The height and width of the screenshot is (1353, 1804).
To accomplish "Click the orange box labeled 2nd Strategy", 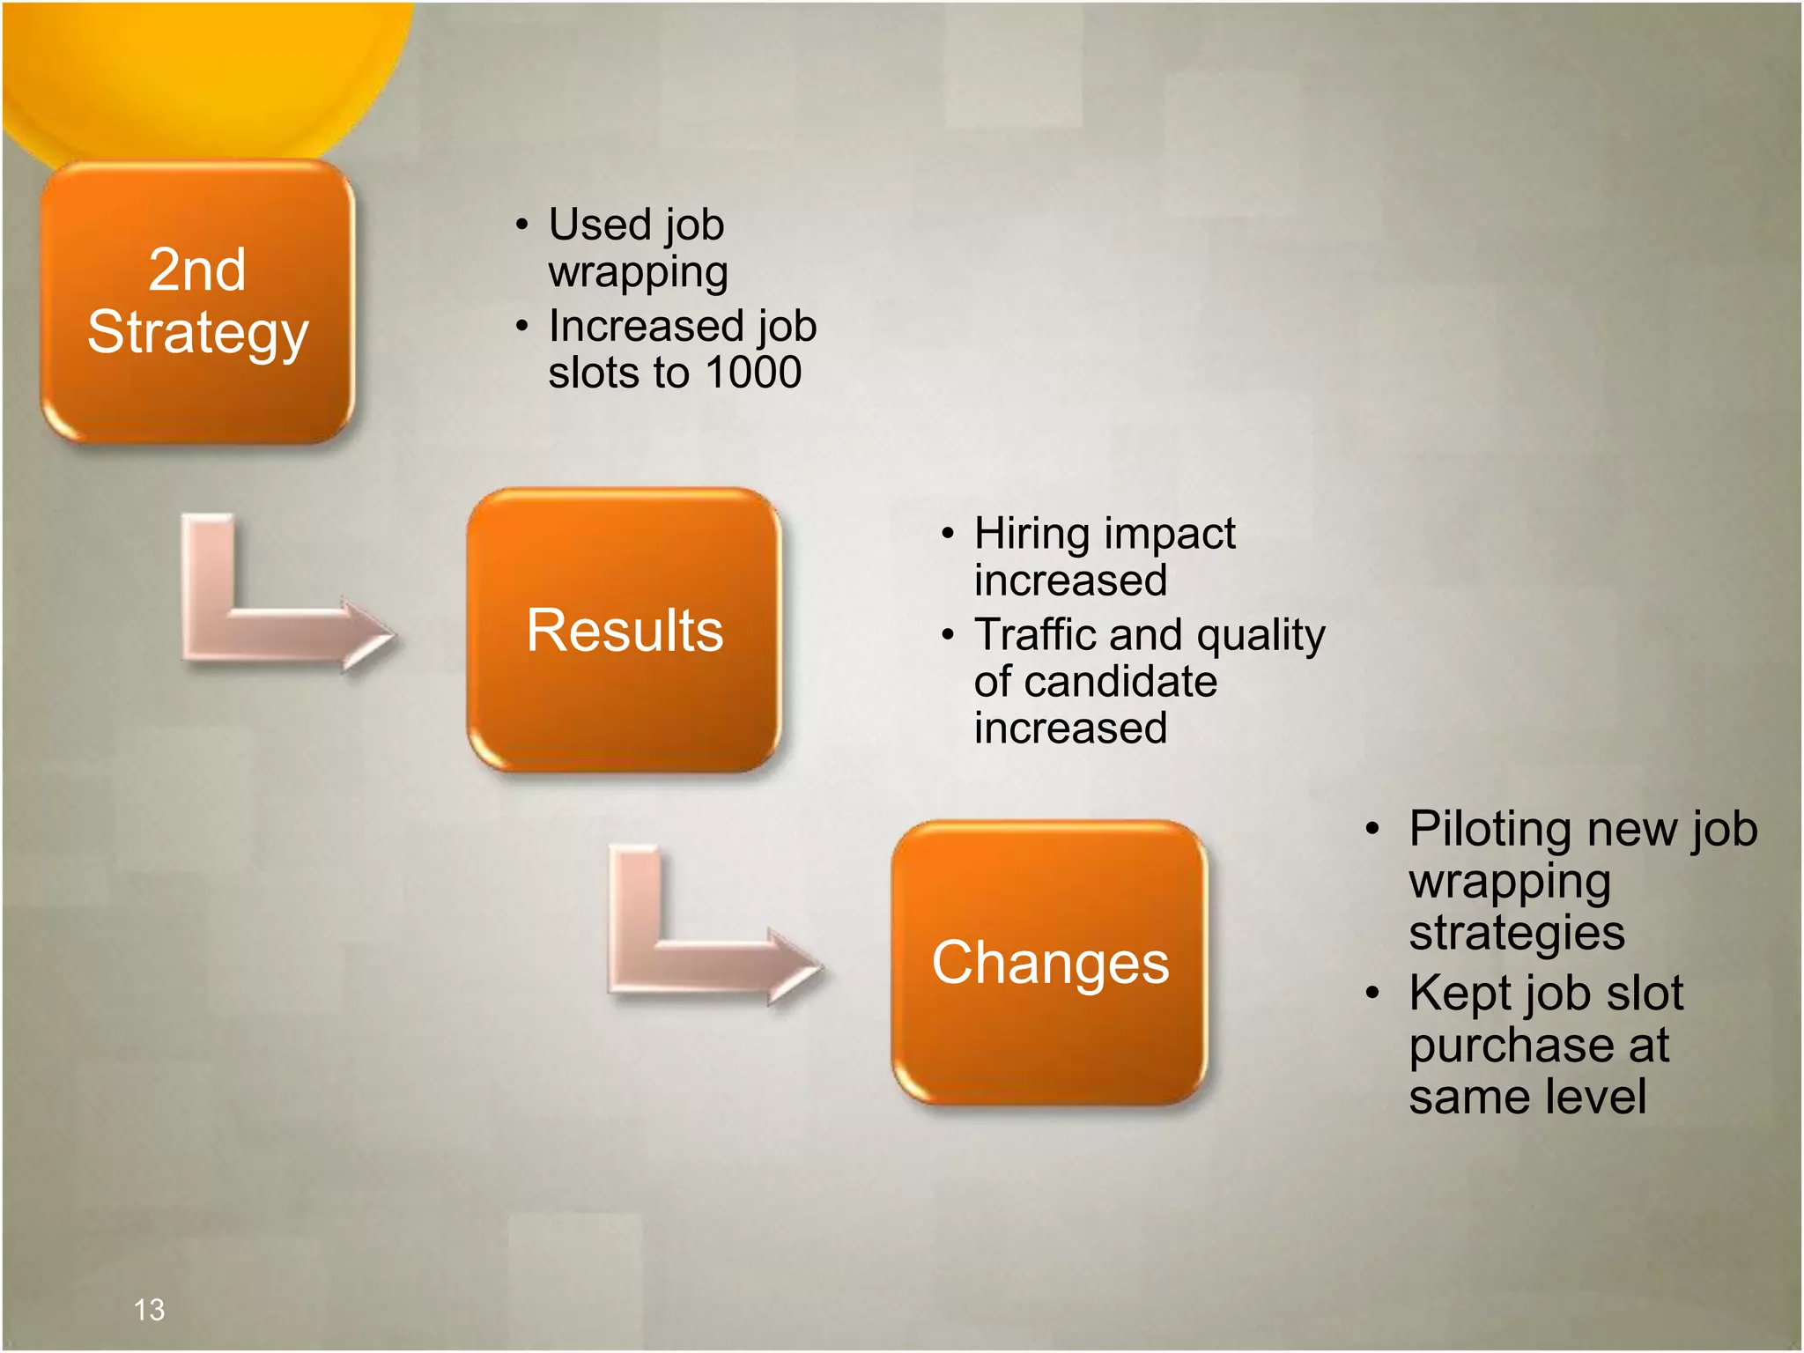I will tap(197, 301).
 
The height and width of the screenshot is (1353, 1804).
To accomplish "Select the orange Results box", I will tap(624, 631).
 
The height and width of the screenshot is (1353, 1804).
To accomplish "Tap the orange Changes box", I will tap(1049, 963).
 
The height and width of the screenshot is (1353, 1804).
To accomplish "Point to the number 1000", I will tap(754, 373).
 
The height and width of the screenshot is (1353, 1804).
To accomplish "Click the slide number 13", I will tap(149, 1310).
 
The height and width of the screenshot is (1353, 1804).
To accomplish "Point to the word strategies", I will tap(1516, 933).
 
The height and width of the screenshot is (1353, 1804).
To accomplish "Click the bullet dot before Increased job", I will tap(522, 327).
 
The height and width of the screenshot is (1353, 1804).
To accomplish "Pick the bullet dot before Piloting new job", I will tap(1371, 829).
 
